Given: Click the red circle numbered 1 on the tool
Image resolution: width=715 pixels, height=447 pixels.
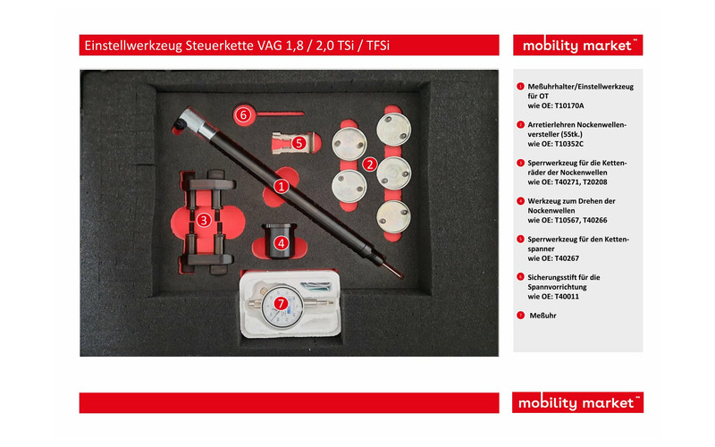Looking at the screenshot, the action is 282,186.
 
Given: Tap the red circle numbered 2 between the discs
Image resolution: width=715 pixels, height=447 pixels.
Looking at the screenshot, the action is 369,164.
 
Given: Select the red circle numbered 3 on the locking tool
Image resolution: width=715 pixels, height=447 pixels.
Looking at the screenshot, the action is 204,221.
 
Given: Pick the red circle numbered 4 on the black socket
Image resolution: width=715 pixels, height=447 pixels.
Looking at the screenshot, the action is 281,243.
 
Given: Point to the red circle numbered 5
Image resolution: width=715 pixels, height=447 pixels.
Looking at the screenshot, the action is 299,143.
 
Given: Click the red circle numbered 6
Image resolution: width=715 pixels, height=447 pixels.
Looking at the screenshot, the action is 243,115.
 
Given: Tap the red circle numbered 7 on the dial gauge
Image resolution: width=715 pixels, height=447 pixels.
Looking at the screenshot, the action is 281,303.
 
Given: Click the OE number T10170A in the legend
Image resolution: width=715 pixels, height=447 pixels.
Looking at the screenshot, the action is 569,105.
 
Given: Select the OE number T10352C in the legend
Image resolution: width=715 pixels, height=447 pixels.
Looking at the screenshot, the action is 569,144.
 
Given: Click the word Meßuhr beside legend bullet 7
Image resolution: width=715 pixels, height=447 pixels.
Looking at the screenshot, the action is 543,316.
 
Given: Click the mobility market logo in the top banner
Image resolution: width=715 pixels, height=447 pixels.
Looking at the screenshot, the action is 577,46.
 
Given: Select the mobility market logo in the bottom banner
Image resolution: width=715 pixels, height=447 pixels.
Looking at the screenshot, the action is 577,403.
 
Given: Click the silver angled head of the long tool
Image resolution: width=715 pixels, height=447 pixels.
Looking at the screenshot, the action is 192,120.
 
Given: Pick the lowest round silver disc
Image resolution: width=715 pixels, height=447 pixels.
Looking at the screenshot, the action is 393,216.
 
